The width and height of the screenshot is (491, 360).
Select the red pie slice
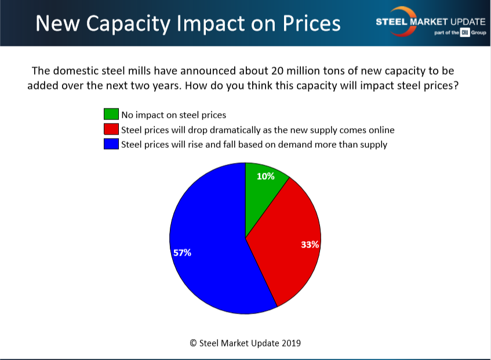coord(287,243)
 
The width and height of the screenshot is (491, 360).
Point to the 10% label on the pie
coord(265,176)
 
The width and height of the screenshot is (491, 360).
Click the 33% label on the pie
coord(310,245)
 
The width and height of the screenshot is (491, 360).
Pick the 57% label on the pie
coord(182,253)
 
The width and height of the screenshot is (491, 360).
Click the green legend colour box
coord(111,114)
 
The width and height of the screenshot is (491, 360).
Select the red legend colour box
coord(111,129)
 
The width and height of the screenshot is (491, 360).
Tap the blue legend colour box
coord(111,144)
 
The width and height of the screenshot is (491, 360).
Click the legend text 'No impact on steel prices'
coord(173,115)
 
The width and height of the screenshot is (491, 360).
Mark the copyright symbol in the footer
coord(193,343)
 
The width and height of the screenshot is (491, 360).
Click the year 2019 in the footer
coord(290,343)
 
